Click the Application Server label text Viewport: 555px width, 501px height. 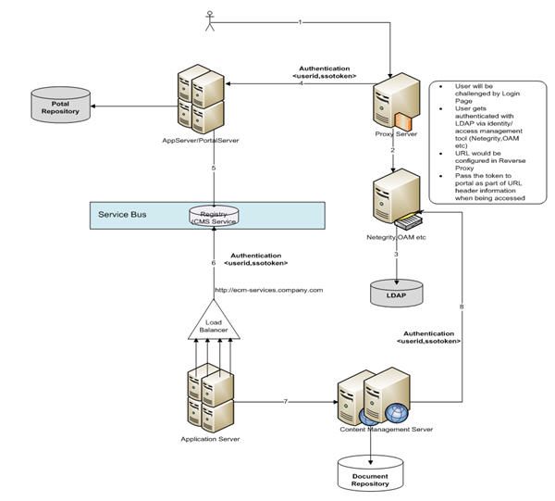pos(211,438)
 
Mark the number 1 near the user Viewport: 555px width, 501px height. pos(301,20)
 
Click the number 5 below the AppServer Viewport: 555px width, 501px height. pos(214,168)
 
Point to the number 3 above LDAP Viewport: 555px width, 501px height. pos(395,254)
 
